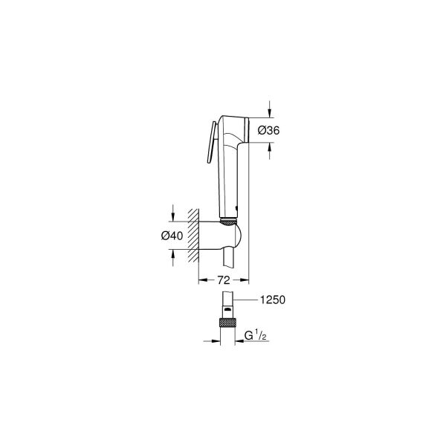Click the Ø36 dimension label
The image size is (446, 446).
[x=268, y=130]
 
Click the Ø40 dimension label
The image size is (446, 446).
[x=172, y=236]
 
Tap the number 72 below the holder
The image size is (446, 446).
[x=222, y=280]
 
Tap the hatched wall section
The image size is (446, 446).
[x=193, y=235]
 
